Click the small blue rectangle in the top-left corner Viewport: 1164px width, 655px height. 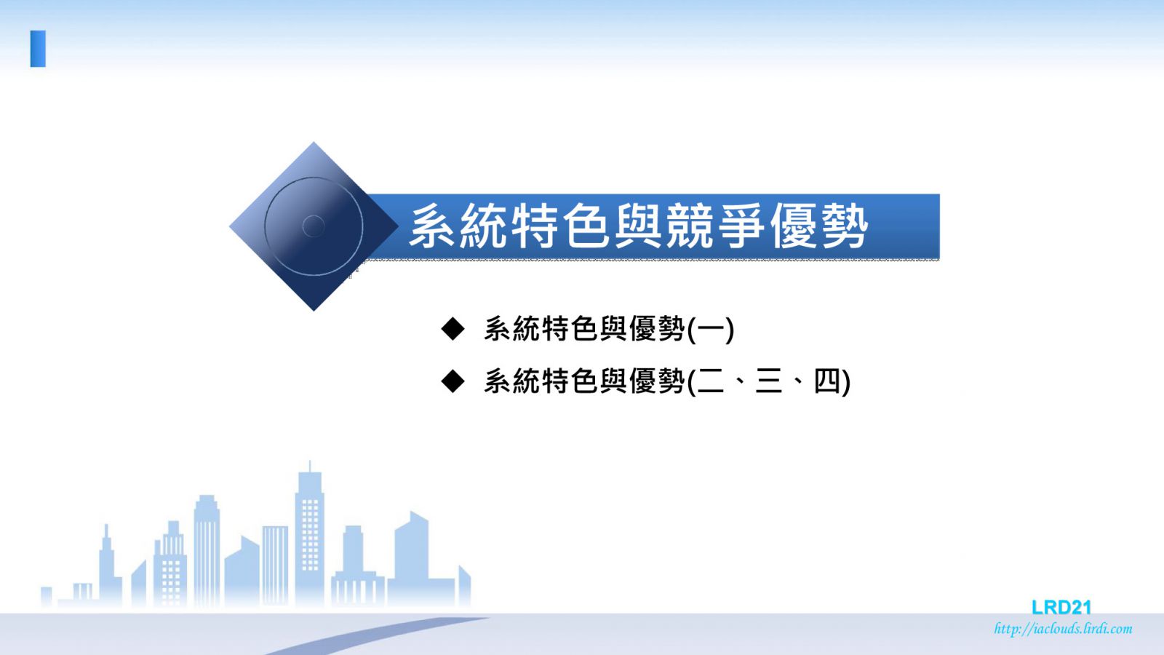point(38,49)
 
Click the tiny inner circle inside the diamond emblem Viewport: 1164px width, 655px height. point(314,226)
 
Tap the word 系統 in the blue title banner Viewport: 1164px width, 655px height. point(458,226)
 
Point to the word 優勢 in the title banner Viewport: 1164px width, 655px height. point(818,226)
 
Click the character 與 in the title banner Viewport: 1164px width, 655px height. point(638,226)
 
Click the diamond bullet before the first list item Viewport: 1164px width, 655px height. point(453,328)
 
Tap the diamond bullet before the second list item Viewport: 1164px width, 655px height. point(453,381)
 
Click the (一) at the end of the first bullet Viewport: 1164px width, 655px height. point(710,329)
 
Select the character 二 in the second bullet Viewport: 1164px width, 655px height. point(710,381)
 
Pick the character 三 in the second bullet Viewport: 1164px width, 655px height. point(768,381)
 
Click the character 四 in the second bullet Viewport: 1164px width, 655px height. point(826,381)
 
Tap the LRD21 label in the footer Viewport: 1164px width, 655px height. point(1061,607)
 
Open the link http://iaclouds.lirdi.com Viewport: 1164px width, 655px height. point(1063,629)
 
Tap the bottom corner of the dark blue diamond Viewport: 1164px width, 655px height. point(314,311)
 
